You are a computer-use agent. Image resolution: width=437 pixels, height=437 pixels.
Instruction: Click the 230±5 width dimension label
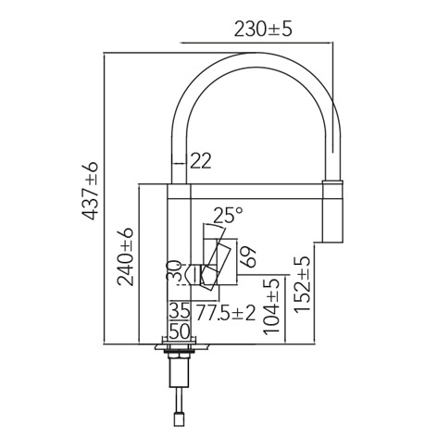[263, 30]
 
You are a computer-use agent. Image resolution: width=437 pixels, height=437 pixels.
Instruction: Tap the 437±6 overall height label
[91, 191]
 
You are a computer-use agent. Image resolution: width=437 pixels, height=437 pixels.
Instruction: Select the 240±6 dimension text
[125, 256]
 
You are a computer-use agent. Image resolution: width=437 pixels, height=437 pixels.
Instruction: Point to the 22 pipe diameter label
[201, 161]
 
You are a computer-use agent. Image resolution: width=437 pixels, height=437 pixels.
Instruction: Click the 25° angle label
[228, 215]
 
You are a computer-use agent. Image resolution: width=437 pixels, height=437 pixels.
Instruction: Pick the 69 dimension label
[248, 256]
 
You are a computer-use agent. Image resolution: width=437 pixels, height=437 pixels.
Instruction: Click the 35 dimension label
[180, 311]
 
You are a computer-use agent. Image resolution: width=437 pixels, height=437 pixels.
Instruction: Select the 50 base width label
[180, 331]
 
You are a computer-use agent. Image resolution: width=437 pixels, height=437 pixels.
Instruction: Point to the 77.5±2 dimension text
[226, 313]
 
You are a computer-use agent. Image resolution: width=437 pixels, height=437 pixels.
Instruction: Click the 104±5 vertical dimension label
[271, 306]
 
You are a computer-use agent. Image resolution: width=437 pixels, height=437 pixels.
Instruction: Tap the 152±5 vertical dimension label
[302, 284]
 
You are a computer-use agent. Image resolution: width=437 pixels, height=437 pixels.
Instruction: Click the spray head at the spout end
[332, 211]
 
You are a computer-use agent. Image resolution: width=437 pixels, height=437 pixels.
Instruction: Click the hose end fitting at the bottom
[179, 419]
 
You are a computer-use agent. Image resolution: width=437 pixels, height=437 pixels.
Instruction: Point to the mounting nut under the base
[179, 356]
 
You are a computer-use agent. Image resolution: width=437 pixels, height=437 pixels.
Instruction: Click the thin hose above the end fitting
[179, 400]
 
